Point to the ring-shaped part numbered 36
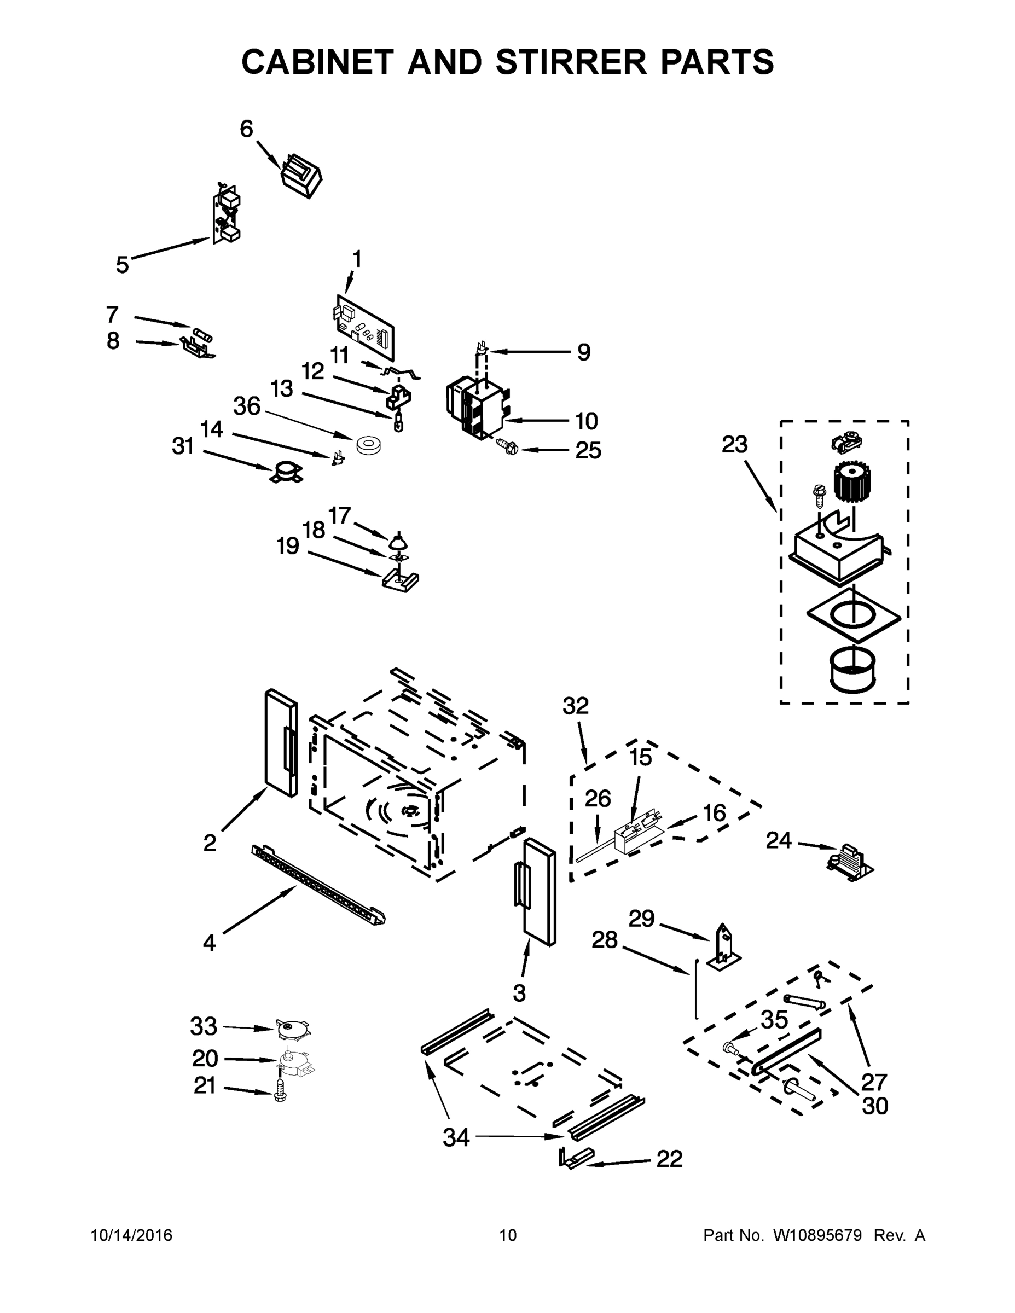366,445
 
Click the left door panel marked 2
281,743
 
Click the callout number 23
734,445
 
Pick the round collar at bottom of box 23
852,671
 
